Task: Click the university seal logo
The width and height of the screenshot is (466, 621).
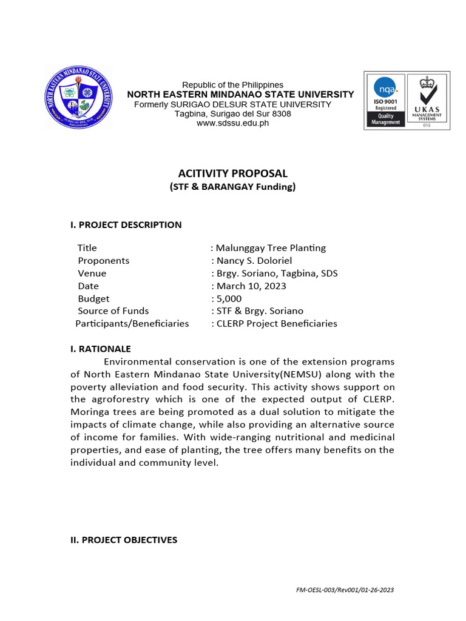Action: pyautogui.click(x=78, y=97)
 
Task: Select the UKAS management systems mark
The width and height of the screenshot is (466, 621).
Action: pyautogui.click(x=427, y=99)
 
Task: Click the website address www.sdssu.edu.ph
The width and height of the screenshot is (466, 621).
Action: pyautogui.click(x=232, y=123)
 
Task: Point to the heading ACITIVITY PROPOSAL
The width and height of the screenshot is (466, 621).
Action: pyautogui.click(x=232, y=173)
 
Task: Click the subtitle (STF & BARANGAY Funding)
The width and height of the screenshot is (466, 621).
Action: pyautogui.click(x=232, y=187)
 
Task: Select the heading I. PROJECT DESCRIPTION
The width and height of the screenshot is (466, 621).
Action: pyautogui.click(x=126, y=224)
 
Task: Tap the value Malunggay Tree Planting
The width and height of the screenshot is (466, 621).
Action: pyautogui.click(x=271, y=247)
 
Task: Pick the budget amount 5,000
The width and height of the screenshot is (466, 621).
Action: pyautogui.click(x=229, y=298)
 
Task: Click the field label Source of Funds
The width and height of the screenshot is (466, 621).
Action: pyautogui.click(x=113, y=310)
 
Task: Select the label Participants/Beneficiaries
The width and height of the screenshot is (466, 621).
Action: pyautogui.click(x=132, y=323)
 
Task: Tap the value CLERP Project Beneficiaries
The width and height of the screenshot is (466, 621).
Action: pyautogui.click(x=276, y=323)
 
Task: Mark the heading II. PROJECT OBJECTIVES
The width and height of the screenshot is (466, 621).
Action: pyautogui.click(x=124, y=540)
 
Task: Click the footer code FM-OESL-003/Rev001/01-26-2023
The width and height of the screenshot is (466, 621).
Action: pyautogui.click(x=348, y=589)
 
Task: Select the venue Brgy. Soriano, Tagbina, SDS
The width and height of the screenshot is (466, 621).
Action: pyautogui.click(x=277, y=273)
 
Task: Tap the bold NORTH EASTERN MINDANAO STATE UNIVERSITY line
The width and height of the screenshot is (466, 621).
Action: pyautogui.click(x=240, y=94)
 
